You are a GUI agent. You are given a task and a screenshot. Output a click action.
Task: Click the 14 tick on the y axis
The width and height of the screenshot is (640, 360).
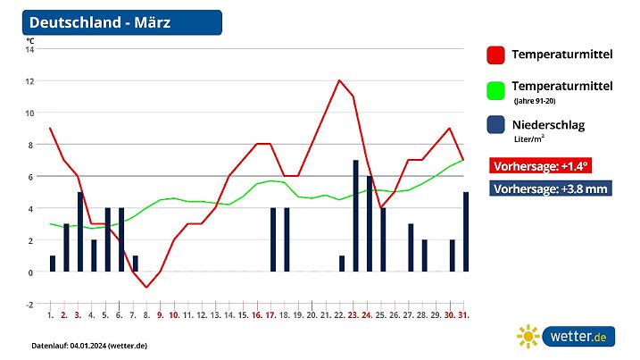pos(29,49)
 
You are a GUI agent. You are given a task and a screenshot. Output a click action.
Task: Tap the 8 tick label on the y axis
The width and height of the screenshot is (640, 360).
pos(30,145)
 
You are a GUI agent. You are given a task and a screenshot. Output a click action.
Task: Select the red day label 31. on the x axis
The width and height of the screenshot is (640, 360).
pos(465,315)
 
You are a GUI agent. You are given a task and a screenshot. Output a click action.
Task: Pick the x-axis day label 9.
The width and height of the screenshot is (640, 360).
pos(161,315)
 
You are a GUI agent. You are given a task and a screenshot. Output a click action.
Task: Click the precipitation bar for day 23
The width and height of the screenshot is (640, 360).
pos(355,216)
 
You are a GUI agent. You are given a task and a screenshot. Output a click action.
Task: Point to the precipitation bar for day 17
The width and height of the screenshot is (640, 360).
pos(273,240)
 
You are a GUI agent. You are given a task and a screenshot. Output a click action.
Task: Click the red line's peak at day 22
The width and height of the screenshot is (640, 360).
pos(339,80)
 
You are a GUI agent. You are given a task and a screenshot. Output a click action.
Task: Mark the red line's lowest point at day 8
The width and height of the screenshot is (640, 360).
pos(146,288)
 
